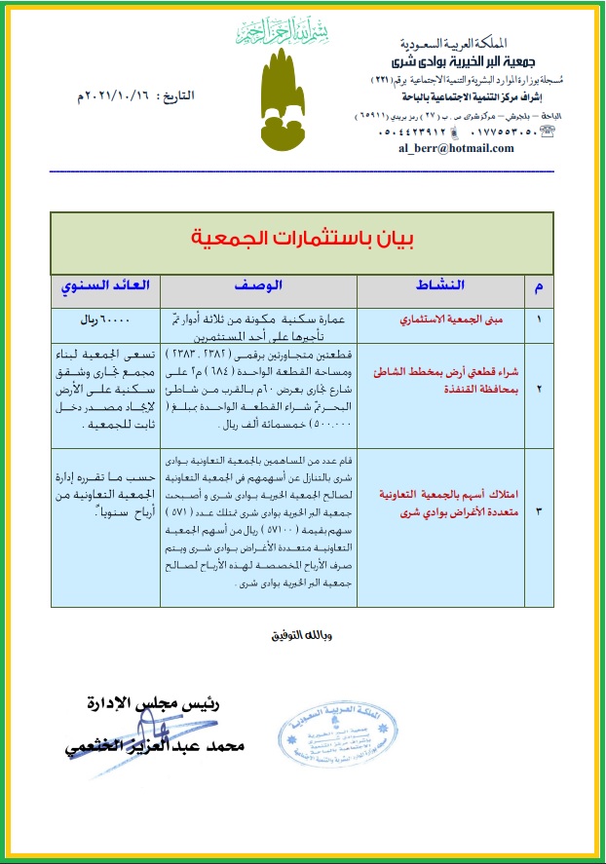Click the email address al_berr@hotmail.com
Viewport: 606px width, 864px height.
[x=455, y=148]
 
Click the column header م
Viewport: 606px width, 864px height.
[x=539, y=286]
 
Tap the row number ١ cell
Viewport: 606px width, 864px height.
[x=539, y=318]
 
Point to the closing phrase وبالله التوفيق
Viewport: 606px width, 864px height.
[x=300, y=637]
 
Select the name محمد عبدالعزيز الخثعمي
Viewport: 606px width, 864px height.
[x=146, y=745]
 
